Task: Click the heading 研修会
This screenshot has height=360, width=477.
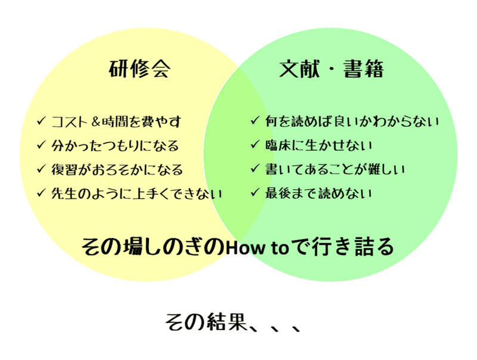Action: [140, 70]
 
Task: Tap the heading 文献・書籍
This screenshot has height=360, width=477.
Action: [332, 70]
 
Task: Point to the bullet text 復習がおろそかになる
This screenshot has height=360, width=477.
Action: [117, 169]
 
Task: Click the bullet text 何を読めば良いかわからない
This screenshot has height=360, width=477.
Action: [352, 122]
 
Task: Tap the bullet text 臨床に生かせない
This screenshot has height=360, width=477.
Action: [319, 145]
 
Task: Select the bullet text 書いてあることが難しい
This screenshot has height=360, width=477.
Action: [336, 169]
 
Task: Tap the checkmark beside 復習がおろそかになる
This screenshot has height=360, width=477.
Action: [41, 169]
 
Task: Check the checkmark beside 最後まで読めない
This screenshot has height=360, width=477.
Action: [255, 193]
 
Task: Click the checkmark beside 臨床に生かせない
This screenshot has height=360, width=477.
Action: [255, 145]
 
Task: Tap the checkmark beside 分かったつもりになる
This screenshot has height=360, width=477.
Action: [41, 145]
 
